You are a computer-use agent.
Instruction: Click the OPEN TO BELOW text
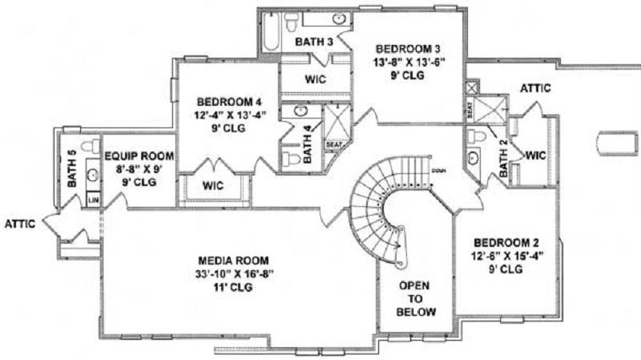(417, 298)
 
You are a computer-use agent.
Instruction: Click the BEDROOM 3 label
(408, 47)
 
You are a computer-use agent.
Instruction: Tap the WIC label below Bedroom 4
(212, 185)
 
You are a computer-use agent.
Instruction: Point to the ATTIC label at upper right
(534, 87)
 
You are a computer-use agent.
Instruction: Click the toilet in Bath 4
(292, 159)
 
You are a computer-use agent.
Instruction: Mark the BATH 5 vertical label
(71, 168)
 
